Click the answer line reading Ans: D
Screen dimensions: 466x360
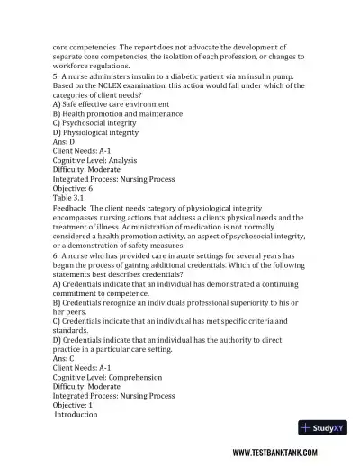point(64,141)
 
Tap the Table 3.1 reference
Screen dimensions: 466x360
point(71,197)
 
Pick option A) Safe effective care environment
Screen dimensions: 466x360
point(114,104)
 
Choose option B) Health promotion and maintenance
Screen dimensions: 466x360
point(118,114)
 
